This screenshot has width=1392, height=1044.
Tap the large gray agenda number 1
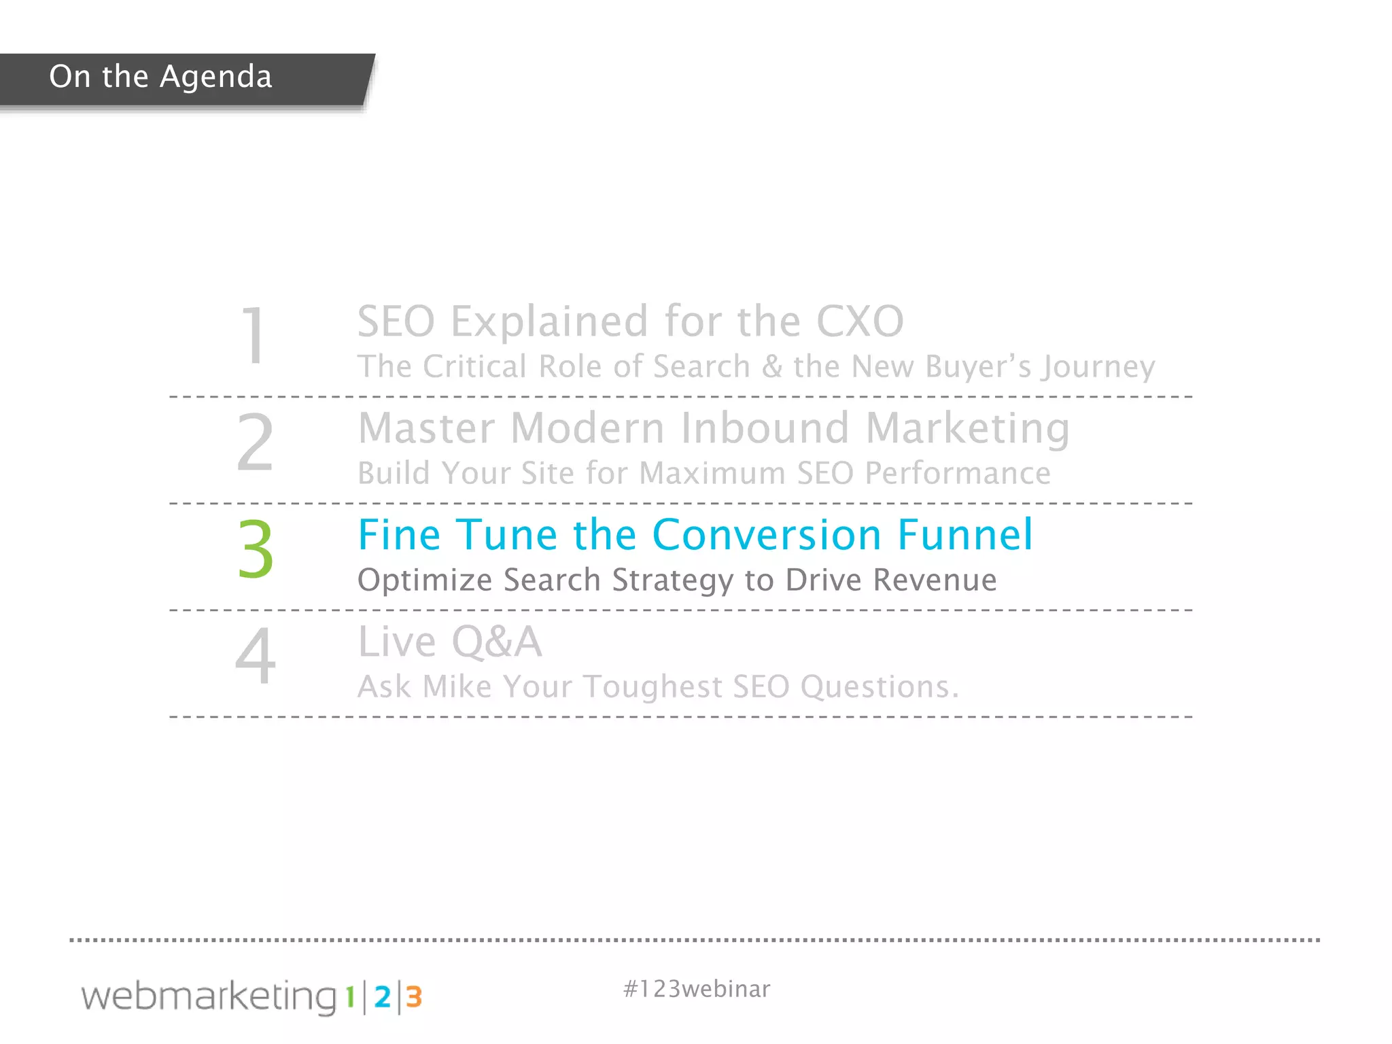pos(254,335)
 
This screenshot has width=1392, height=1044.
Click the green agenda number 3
pos(256,549)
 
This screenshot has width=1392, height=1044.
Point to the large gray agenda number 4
pos(256,656)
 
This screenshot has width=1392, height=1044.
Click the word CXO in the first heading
pos(859,321)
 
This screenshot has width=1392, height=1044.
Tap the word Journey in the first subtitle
pos(1099,368)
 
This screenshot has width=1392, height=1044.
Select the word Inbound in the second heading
pos(765,428)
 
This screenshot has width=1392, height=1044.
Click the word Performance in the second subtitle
pos(957,473)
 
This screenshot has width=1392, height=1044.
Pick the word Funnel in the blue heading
pos(964,534)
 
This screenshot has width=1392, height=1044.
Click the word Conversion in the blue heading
pos(767,534)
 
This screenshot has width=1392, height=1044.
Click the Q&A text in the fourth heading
pos(496,642)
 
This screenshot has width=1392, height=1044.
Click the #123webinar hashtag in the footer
pos(697,989)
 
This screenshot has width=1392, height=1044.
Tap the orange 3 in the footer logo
pos(414,997)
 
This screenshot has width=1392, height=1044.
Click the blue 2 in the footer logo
pos(383,997)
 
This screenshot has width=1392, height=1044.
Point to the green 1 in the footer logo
pos(350,997)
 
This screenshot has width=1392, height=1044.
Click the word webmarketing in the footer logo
pos(209,997)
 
